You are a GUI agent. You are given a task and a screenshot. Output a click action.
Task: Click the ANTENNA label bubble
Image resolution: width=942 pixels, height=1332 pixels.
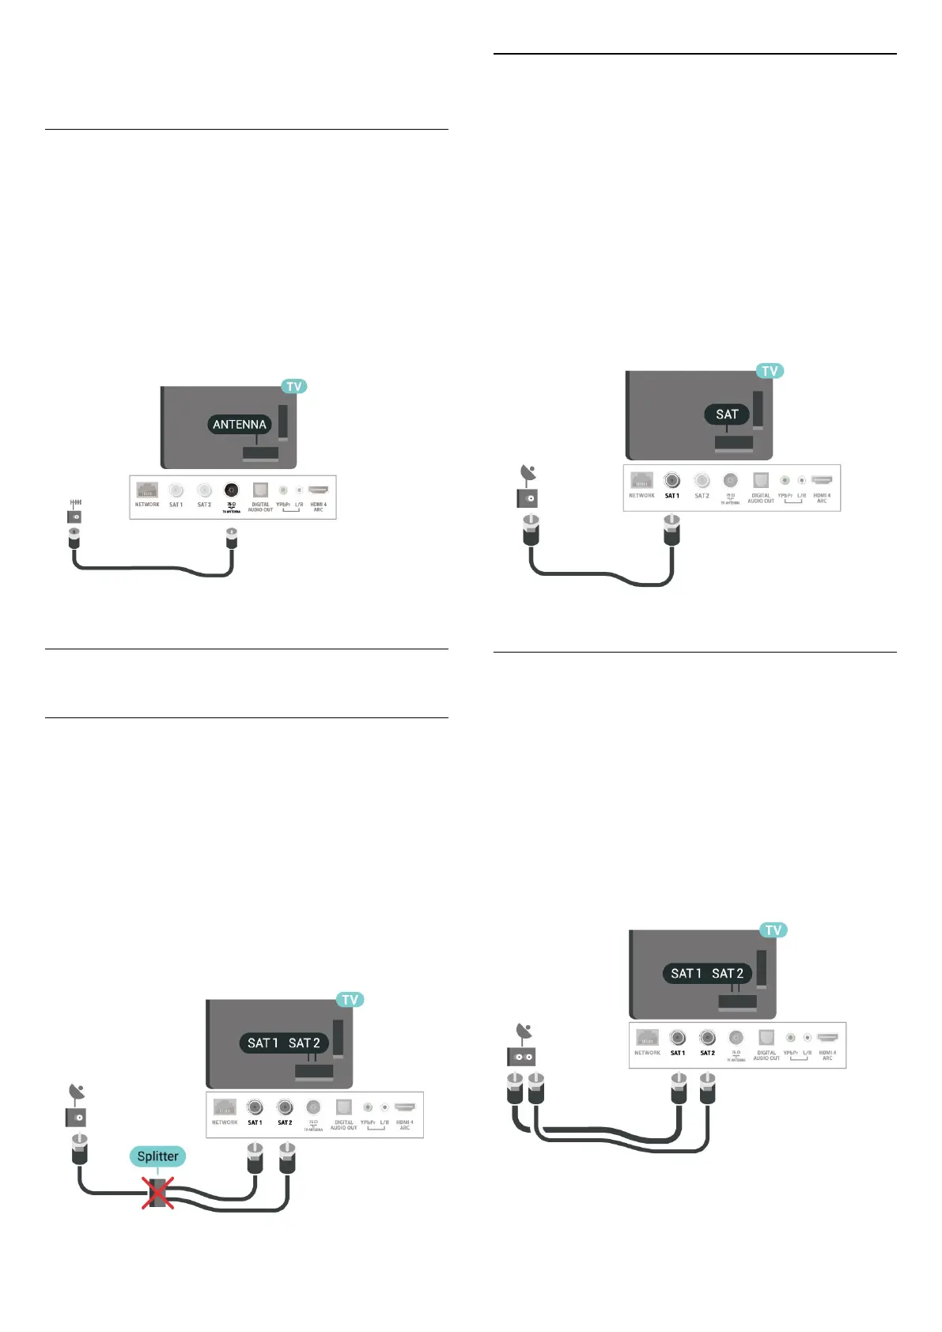point(240,425)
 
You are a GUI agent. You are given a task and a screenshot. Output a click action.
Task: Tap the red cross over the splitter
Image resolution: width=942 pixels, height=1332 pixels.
point(157,1193)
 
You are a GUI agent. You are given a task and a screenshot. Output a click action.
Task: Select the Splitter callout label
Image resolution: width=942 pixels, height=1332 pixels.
point(158,1156)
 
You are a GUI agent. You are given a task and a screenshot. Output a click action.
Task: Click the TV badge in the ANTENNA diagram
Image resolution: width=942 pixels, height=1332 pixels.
point(294,386)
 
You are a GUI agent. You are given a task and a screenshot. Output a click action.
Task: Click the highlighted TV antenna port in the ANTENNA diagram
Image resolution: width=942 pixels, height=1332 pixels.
point(231,490)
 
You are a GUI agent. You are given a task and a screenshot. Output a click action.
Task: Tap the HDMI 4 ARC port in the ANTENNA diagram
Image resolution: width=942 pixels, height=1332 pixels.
point(318,490)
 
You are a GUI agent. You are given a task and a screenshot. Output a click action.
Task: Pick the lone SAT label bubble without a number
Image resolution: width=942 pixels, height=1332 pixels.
point(727,414)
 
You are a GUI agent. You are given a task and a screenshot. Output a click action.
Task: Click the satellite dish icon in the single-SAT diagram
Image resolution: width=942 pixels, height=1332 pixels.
point(528,475)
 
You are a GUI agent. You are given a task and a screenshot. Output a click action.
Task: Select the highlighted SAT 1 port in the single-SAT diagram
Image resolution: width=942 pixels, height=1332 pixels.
point(672,480)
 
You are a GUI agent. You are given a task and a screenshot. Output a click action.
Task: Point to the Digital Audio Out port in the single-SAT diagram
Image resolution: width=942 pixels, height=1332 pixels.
point(761,480)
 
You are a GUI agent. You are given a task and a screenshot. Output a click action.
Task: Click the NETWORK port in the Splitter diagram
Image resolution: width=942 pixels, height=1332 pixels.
point(225,1107)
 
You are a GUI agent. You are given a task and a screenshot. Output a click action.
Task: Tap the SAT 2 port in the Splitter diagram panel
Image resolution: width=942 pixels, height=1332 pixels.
point(285,1108)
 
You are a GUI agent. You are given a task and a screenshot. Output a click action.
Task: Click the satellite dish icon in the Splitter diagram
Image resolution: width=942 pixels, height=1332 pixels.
point(77,1094)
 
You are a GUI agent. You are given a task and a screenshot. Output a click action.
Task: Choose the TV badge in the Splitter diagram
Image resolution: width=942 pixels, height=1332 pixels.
point(350,1000)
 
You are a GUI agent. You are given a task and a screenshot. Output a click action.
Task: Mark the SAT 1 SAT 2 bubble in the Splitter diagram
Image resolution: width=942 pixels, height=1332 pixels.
point(284,1043)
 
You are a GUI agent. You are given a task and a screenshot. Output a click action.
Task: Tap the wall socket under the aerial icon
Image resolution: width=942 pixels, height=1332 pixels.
point(74,517)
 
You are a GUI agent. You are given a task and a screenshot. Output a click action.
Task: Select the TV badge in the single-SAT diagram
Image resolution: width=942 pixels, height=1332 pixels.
point(770,371)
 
